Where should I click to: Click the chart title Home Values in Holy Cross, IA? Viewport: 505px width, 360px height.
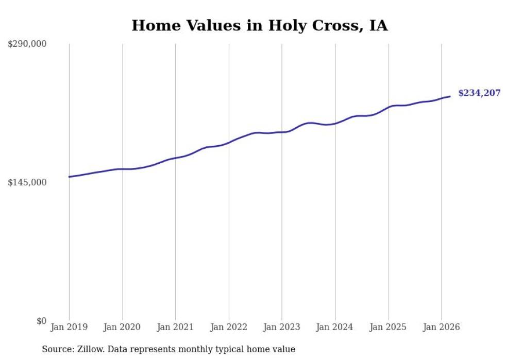pyautogui.click(x=259, y=25)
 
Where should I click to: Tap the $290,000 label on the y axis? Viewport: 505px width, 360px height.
pyautogui.click(x=27, y=44)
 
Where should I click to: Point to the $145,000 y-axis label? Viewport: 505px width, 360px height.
pyautogui.click(x=27, y=182)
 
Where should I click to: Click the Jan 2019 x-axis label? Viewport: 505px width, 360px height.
pyautogui.click(x=69, y=327)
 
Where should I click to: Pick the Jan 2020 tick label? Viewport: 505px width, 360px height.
pyautogui.click(x=122, y=327)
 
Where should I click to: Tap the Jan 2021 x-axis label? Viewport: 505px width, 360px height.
pyautogui.click(x=176, y=327)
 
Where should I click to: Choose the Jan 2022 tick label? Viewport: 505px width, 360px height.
pyautogui.click(x=229, y=327)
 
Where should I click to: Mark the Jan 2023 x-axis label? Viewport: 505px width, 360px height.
pyautogui.click(x=282, y=327)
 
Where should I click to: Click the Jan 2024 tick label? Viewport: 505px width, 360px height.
pyautogui.click(x=335, y=327)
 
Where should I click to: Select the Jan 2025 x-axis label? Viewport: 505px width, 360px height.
pyautogui.click(x=389, y=327)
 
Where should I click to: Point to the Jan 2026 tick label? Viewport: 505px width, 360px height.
pyautogui.click(x=442, y=327)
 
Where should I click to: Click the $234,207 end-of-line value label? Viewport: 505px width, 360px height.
pyautogui.click(x=479, y=93)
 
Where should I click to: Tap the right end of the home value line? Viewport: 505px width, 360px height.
pyautogui.click(x=450, y=96)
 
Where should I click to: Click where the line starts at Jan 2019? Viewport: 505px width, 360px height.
pyautogui.click(x=69, y=177)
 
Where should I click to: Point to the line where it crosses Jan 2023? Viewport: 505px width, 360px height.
pyautogui.click(x=282, y=132)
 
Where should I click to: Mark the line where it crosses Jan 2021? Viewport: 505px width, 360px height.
pyautogui.click(x=176, y=158)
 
